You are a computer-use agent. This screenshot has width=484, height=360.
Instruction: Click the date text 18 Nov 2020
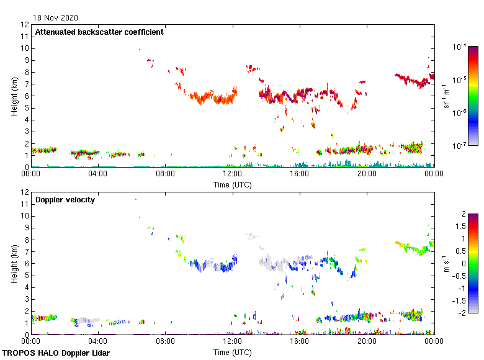(x=56, y=18)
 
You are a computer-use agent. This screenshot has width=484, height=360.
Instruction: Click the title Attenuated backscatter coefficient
(x=99, y=32)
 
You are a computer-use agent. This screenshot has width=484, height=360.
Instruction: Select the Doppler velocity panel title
(x=65, y=200)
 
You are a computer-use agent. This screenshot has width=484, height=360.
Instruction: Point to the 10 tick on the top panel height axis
(x=25, y=48)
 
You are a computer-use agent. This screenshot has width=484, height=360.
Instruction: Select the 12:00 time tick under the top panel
(x=233, y=174)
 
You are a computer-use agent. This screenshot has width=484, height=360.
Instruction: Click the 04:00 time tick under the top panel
(x=98, y=174)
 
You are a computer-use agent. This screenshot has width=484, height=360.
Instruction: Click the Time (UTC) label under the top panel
(x=233, y=184)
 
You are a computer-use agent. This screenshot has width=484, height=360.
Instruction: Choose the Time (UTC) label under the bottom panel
(x=233, y=352)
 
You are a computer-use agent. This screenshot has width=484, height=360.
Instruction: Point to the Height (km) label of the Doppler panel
(x=14, y=263)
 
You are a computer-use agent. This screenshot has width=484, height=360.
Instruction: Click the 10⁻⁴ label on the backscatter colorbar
(x=460, y=47)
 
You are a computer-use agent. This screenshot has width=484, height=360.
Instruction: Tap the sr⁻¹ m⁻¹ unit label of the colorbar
(x=447, y=96)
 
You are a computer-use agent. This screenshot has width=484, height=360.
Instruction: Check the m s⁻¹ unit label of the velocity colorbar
(x=447, y=263)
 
